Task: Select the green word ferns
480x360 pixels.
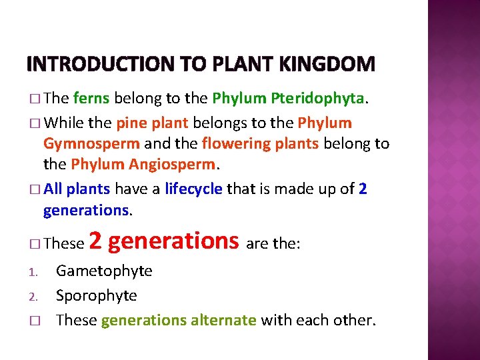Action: (x=92, y=99)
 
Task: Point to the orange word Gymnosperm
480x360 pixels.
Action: (x=91, y=143)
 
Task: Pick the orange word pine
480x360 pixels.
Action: (x=130, y=123)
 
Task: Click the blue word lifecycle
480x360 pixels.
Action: (x=193, y=189)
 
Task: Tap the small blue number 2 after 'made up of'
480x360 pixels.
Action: (x=363, y=189)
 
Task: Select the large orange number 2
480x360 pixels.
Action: (x=95, y=241)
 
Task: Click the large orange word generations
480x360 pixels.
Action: (x=173, y=241)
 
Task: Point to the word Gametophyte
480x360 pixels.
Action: (x=104, y=271)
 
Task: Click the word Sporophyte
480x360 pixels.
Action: (x=97, y=295)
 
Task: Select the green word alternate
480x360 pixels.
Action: (x=223, y=320)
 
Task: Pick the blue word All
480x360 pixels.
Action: (x=53, y=189)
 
